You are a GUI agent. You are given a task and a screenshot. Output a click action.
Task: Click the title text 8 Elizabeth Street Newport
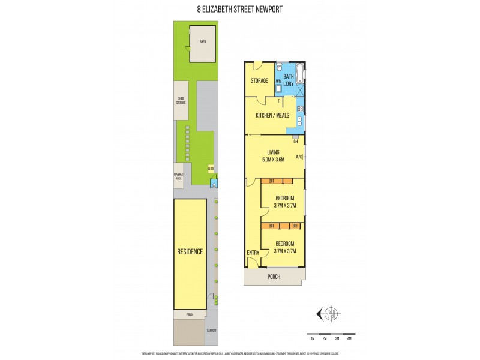pos(239,9)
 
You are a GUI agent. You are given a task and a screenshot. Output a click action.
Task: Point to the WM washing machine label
pos(278,81)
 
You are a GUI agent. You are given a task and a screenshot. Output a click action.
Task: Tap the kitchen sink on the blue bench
pos(299,124)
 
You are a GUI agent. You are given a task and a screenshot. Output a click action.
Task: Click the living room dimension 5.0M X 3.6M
pos(274,160)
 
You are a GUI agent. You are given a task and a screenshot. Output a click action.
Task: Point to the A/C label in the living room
pos(299,158)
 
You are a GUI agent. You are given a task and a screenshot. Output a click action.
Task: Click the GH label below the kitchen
pos(295,142)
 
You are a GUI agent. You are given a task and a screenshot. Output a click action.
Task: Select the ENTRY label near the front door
pos(253,253)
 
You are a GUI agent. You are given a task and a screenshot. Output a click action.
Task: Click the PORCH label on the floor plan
pos(274,277)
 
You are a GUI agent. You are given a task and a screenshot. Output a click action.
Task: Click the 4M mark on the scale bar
pos(349,339)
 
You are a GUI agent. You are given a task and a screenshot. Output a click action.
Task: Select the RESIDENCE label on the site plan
pos(190,251)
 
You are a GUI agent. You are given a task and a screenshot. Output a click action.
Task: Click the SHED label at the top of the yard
pos(203,43)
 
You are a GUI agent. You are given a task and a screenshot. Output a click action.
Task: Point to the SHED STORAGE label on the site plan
pos(181,101)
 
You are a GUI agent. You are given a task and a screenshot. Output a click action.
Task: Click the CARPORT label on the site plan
pos(211,331)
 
